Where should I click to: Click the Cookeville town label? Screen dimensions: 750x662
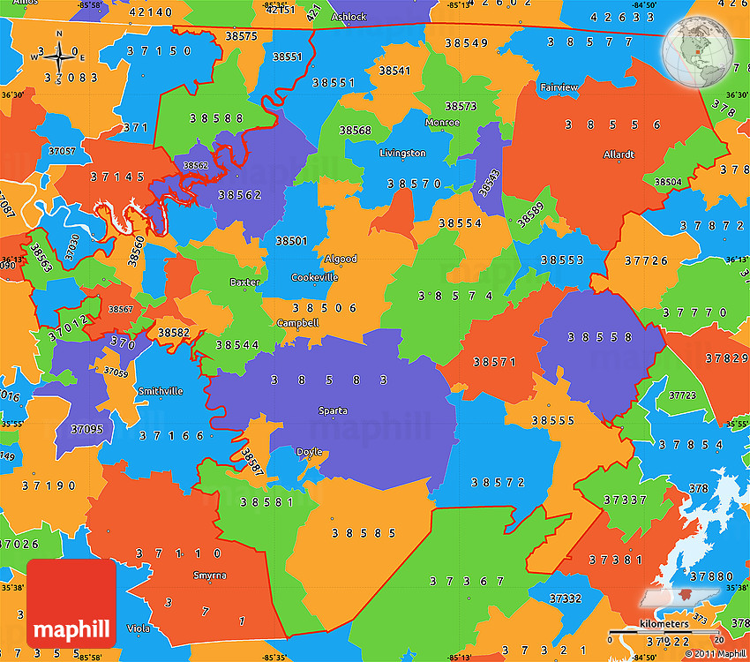pyautogui.click(x=314, y=277)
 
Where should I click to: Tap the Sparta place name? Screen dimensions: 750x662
pyautogui.click(x=333, y=410)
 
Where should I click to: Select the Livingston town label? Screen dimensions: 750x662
pyautogui.click(x=402, y=154)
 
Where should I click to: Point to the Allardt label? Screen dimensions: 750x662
pyautogui.click(x=619, y=154)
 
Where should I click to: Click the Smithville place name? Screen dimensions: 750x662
pyautogui.click(x=161, y=391)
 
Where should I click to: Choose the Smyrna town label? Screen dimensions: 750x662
pyautogui.click(x=209, y=575)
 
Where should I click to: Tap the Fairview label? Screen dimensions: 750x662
pyautogui.click(x=559, y=87)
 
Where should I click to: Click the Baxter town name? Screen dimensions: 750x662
pyautogui.click(x=244, y=282)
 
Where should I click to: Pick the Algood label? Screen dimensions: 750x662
pyautogui.click(x=341, y=260)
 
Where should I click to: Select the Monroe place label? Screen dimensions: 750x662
pyautogui.click(x=442, y=123)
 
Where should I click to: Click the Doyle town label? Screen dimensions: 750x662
pyautogui.click(x=310, y=452)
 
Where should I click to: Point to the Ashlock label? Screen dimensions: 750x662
pyautogui.click(x=349, y=17)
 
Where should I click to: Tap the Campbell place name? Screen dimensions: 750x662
pyautogui.click(x=297, y=323)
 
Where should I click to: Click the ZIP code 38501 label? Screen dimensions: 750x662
pyautogui.click(x=291, y=240)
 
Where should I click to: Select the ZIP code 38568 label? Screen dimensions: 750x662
pyautogui.click(x=356, y=131)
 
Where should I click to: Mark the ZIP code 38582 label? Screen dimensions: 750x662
pyautogui.click(x=173, y=332)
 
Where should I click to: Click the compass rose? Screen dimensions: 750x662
pyautogui.click(x=60, y=56)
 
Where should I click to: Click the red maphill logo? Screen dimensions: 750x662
pyautogui.click(x=71, y=603)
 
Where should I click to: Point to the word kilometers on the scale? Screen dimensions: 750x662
pyautogui.click(x=664, y=624)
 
